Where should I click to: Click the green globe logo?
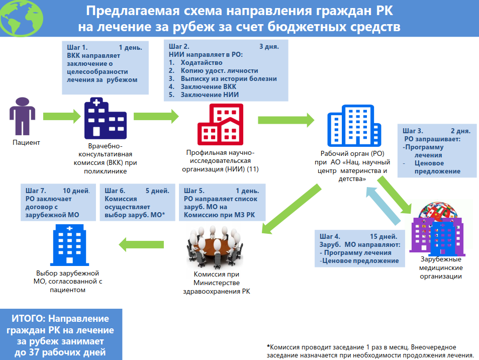click(22, 18)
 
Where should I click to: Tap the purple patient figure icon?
click(22, 116)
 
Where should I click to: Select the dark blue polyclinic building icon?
click(106, 118)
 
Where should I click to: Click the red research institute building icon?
click(220, 124)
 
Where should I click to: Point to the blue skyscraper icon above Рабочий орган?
click(354, 126)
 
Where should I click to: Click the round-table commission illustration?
click(215, 247)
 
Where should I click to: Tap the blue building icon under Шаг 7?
click(70, 245)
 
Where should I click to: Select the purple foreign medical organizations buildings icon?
click(437, 229)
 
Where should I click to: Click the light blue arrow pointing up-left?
click(383, 206)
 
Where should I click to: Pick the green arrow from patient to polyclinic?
click(62, 116)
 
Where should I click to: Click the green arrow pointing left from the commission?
click(141, 245)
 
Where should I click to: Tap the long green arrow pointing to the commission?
click(292, 209)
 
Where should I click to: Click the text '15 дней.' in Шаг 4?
click(384, 236)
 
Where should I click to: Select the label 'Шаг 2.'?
click(179, 46)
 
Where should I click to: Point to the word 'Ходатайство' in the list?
click(202, 63)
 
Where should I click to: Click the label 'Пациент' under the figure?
click(26, 142)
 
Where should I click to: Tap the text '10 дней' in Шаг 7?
click(75, 191)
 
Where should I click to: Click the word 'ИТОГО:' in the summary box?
click(29, 319)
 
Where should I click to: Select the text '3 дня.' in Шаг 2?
click(269, 46)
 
